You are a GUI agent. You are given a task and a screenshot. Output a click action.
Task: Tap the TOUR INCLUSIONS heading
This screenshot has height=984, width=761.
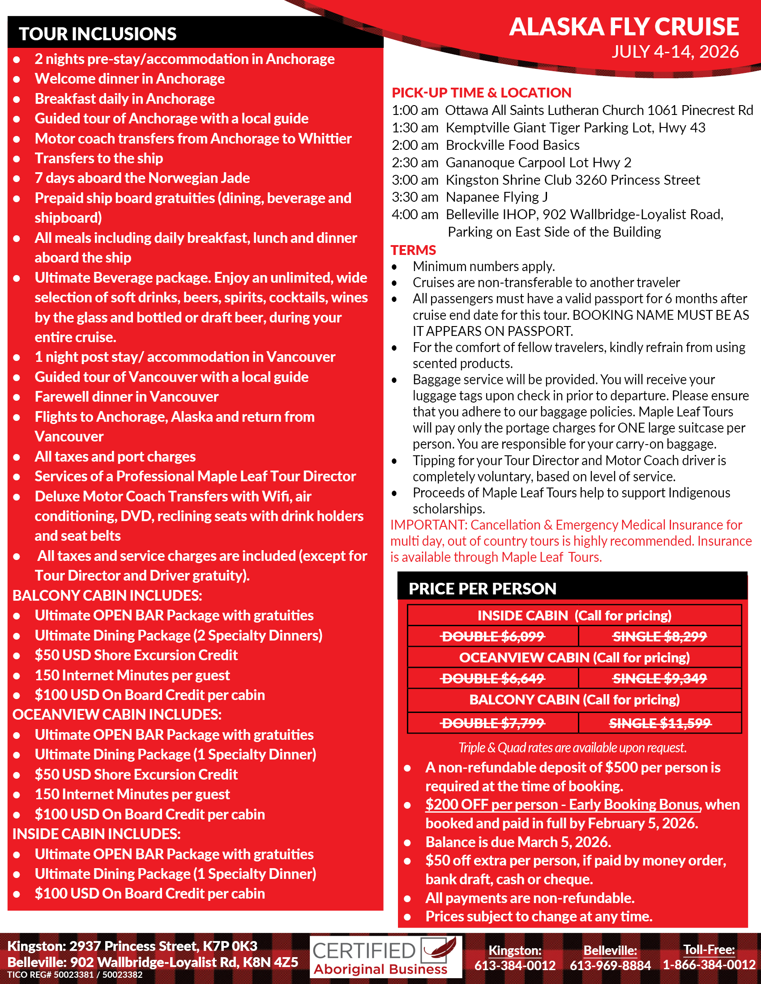tap(98, 34)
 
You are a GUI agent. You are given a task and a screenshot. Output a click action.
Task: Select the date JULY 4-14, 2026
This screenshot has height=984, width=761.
tap(675, 52)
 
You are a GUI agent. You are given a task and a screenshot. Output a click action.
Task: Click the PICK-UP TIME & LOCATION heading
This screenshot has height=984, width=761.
tap(481, 93)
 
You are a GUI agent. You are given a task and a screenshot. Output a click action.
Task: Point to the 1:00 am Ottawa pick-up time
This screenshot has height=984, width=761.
tap(415, 110)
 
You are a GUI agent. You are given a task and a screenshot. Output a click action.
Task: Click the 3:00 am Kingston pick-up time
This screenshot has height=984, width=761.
tap(415, 180)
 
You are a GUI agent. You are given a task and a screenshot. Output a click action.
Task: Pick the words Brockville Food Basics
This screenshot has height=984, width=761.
tap(512, 145)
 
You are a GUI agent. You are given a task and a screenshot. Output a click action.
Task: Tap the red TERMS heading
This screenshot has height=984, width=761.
tap(413, 250)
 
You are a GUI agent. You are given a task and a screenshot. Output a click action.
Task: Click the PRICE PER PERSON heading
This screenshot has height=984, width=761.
tap(482, 589)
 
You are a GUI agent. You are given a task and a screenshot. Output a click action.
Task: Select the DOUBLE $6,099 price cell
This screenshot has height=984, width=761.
tap(493, 636)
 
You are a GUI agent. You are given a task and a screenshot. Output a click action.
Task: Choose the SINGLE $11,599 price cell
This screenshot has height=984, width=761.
tap(659, 724)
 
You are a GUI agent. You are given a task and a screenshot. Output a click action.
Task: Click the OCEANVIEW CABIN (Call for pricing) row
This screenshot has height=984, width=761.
tap(574, 658)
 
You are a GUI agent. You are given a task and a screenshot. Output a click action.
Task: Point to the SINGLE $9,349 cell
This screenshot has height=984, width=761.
tap(659, 679)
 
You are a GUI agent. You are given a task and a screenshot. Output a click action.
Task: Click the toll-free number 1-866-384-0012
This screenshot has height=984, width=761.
tap(709, 965)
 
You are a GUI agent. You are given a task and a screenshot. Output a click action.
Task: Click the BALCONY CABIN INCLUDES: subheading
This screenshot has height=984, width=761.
tap(107, 596)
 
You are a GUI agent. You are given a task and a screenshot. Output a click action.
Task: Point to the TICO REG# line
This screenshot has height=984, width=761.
tap(75, 975)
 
